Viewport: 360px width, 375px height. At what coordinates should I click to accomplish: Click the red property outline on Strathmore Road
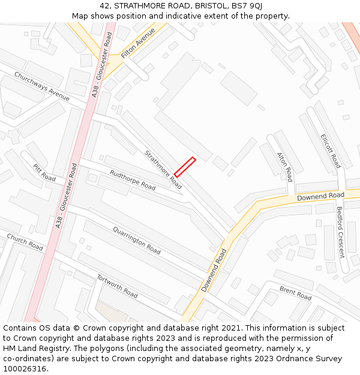[185, 166]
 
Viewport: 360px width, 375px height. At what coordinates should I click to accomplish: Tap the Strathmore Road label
[163, 169]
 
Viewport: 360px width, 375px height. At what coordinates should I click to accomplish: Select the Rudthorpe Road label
[133, 180]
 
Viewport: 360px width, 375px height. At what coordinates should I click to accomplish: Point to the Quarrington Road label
[137, 241]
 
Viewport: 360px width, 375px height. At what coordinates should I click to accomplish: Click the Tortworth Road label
[117, 286]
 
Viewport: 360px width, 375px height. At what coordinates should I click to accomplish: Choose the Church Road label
[25, 242]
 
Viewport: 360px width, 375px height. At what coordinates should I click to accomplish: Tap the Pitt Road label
[44, 173]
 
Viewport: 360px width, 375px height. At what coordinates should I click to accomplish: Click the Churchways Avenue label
[42, 86]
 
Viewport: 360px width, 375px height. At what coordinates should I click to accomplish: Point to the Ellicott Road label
[331, 151]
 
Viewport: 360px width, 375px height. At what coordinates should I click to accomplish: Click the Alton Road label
[284, 166]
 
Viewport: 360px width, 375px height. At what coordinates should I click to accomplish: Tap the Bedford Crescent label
[340, 232]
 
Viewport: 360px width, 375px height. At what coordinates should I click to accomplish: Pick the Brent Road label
[295, 293]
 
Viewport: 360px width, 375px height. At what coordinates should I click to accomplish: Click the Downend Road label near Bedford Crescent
[320, 196]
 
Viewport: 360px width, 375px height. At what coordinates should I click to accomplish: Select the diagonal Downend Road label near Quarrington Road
[214, 271]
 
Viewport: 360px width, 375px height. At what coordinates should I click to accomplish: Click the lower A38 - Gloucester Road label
[66, 196]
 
